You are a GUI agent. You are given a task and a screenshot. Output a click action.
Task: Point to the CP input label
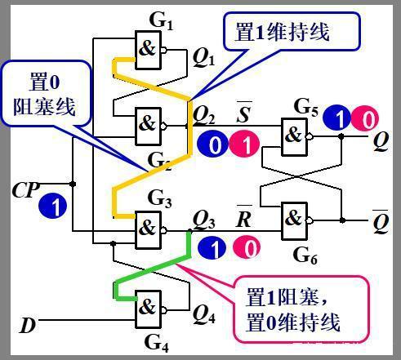coord(25,189)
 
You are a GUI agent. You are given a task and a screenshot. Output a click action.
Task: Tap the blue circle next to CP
coord(53,206)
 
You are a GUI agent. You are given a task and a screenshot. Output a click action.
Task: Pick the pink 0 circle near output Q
coord(368,120)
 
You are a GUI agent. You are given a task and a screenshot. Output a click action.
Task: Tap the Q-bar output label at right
coord(381,220)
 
